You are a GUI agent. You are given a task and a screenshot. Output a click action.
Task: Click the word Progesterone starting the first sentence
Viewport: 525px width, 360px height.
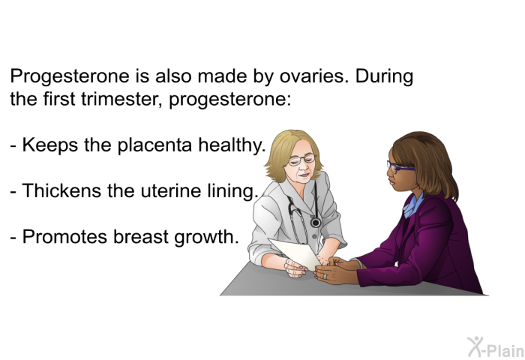pos(70,77)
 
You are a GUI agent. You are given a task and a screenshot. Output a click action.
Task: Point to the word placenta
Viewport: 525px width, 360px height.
pos(154,146)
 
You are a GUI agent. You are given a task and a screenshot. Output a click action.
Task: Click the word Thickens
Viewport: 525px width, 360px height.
pos(62,190)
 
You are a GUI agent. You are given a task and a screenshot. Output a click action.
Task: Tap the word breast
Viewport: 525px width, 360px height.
pos(141,236)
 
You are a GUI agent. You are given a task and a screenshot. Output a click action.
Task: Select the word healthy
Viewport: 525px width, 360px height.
pos(232,146)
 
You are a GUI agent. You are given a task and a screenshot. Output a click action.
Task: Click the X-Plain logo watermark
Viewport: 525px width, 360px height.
pos(496,347)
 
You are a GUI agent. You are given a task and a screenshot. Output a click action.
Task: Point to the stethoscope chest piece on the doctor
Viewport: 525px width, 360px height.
pos(316,222)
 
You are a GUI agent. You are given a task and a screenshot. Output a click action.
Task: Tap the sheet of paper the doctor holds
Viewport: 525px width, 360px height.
pos(295,253)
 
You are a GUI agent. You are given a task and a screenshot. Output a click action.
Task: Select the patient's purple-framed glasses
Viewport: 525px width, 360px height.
pos(400,166)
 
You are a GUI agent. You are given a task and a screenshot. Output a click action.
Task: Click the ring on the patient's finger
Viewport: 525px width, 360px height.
pos(325,277)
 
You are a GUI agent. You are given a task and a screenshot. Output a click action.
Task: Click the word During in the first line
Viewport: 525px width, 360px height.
pos(384,77)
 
